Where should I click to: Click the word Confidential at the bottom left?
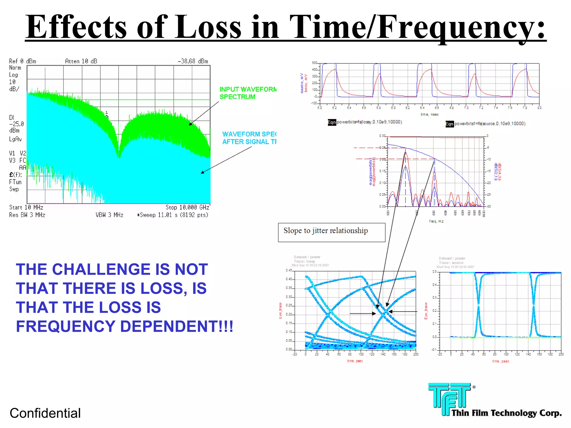pos(45,413)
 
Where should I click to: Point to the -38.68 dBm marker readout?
pos(193,61)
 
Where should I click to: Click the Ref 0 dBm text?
pos(23,61)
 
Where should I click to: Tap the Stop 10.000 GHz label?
pos(187,207)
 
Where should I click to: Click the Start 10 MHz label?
pos(26,207)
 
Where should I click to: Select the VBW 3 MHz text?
pos(110,215)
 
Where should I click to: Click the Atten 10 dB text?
pos(81,61)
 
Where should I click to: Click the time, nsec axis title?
pos(429,115)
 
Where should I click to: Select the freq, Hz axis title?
pos(436,221)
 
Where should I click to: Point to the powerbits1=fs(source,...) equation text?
pos(490,124)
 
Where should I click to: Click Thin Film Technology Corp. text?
pos(506,413)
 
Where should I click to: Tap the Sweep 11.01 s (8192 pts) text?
pos(173,215)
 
